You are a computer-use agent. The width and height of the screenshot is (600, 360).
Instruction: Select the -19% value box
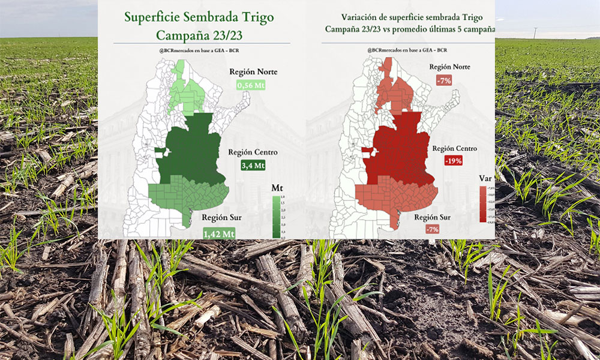point(457,161)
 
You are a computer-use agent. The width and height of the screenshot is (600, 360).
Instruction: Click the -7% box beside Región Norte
point(443,80)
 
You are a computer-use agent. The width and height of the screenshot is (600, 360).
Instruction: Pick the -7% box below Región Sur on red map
point(431,229)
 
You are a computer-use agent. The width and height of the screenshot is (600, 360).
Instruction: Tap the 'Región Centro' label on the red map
point(455,148)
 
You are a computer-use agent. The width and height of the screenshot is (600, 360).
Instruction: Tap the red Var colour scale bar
point(482,204)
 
